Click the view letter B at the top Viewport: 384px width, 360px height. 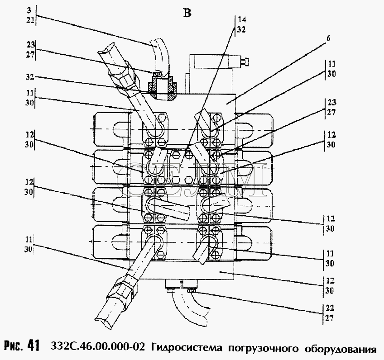187,14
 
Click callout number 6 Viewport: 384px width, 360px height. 328,38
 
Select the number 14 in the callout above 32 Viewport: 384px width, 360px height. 242,19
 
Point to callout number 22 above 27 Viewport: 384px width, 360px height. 330,308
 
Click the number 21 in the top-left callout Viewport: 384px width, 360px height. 30,20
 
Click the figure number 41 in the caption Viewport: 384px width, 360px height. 34,346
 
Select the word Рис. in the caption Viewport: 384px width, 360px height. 14,346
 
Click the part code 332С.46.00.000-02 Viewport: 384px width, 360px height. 98,346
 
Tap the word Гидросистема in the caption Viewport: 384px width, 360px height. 187,347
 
